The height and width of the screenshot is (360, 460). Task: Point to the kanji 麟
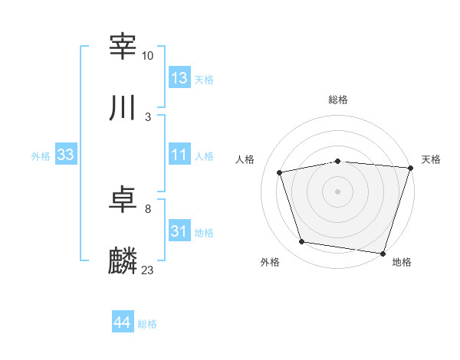[x=123, y=261]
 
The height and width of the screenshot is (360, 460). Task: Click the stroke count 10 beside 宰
[x=148, y=56]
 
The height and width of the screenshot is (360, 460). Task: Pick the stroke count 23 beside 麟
[x=148, y=270]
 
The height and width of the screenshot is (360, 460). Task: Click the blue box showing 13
[x=179, y=78]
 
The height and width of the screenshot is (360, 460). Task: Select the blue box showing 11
[x=179, y=155]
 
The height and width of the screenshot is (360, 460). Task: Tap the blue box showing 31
[x=179, y=231]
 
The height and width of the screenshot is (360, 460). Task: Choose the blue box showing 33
[x=66, y=155]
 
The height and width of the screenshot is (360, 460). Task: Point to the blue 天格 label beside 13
[x=204, y=80]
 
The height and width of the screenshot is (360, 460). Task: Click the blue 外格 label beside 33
[x=41, y=156]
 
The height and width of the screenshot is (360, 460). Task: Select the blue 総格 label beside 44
[x=147, y=324]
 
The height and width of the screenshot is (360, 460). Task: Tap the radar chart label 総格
[x=338, y=100]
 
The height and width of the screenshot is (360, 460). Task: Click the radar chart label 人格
[x=245, y=159]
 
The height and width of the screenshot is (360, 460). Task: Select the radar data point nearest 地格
[x=383, y=253]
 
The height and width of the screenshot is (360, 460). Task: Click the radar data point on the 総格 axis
[x=338, y=161]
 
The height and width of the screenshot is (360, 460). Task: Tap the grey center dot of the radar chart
[x=338, y=191]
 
